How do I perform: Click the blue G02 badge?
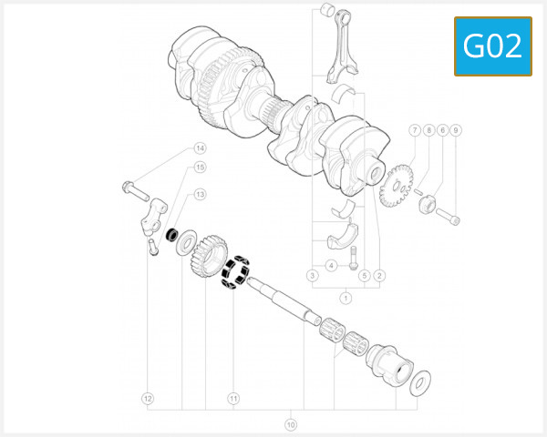492,46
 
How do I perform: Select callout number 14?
200,148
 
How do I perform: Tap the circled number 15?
200,168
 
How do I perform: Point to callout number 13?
200,194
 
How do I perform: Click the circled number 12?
147,398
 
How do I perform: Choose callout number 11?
233,398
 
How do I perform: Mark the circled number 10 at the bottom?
291,424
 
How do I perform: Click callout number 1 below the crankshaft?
346,298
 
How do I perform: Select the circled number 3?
312,275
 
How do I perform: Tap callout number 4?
333,266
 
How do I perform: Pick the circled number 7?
414,130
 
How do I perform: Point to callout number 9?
456,130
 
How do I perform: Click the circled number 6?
442,130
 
